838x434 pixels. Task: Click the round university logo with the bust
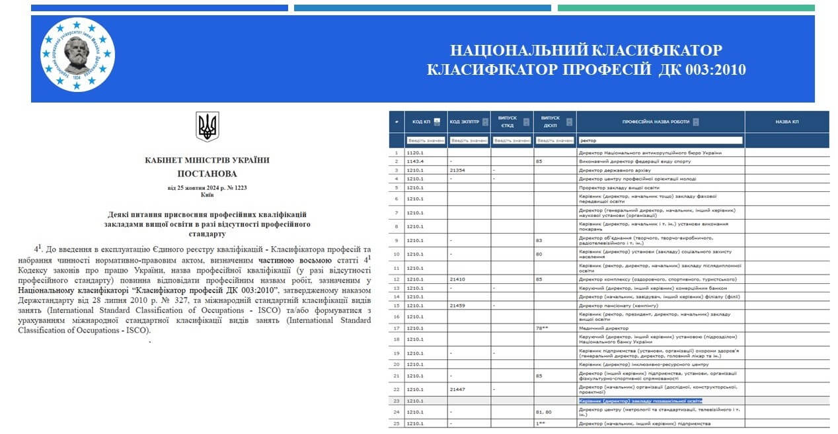(77, 54)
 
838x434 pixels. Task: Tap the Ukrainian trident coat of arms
(207, 126)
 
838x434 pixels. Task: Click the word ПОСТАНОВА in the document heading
(207, 173)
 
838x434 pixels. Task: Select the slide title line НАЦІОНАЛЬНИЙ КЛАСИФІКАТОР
(586, 50)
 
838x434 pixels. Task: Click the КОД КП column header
(422, 122)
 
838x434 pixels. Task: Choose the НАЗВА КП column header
(786, 122)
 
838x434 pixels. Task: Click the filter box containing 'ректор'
(660, 140)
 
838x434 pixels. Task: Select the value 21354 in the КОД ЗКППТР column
(458, 170)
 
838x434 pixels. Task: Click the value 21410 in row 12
(458, 279)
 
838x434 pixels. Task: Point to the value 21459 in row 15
(458, 305)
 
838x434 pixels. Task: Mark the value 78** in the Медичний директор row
(545, 328)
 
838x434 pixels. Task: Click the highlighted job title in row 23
(640, 401)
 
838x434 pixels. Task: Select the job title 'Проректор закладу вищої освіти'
(617, 187)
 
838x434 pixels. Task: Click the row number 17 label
(397, 328)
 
